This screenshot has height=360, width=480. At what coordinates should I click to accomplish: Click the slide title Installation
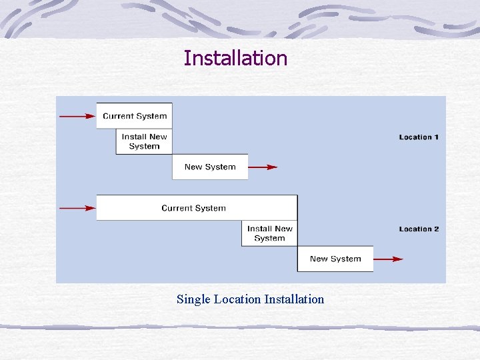pyautogui.click(x=235, y=59)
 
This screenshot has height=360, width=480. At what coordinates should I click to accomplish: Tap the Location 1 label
pyautogui.click(x=419, y=137)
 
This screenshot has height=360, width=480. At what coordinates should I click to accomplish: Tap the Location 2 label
pyautogui.click(x=419, y=229)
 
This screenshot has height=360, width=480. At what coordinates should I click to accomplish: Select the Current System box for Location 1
pyautogui.click(x=135, y=116)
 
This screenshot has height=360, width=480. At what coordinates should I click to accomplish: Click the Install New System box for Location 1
pyautogui.click(x=144, y=141)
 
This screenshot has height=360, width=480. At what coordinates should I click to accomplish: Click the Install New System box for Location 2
pyautogui.click(x=269, y=233)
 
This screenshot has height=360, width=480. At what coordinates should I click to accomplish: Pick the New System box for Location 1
pyautogui.click(x=210, y=167)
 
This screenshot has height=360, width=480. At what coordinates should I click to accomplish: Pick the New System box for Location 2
pyautogui.click(x=335, y=259)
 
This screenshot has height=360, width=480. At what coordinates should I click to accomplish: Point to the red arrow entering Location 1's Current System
pyautogui.click(x=77, y=116)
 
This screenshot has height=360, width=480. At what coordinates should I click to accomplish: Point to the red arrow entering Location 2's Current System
pyautogui.click(x=77, y=208)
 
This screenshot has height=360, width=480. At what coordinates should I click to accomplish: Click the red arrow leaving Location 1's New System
pyautogui.click(x=263, y=167)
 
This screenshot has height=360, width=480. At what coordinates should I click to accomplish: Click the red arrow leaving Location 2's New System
pyautogui.click(x=388, y=259)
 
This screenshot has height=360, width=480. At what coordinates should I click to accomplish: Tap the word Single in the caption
pyautogui.click(x=193, y=299)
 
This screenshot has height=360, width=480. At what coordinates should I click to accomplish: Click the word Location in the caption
pyautogui.click(x=237, y=299)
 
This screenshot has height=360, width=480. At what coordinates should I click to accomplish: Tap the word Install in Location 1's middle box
pyautogui.click(x=134, y=137)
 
